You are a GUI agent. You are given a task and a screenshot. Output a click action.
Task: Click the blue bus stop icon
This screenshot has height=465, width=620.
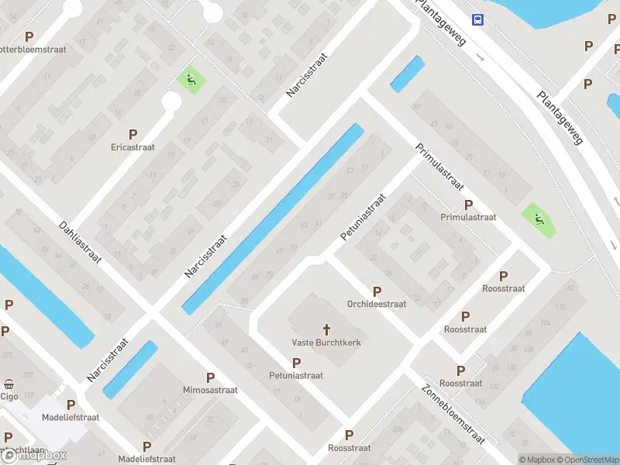click(477, 20)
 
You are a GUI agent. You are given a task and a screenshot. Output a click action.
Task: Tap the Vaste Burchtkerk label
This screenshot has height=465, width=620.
click(326, 343)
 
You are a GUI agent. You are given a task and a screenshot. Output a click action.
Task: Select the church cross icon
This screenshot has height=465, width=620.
click(326, 329)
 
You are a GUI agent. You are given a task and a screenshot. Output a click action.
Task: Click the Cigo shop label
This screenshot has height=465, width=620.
click(9, 396)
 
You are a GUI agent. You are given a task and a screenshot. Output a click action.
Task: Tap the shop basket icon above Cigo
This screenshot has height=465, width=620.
click(9, 384)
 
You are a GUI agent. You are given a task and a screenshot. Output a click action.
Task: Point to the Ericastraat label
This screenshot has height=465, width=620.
click(133, 146)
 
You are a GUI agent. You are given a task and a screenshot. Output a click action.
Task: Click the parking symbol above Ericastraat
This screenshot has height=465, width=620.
click(133, 134)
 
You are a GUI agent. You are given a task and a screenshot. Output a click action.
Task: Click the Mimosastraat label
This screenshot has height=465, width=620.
click(210, 390)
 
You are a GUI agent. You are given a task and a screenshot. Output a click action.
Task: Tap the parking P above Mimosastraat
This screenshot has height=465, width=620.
click(210, 377)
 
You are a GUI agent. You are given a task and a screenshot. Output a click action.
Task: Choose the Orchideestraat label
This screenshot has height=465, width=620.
click(377, 305)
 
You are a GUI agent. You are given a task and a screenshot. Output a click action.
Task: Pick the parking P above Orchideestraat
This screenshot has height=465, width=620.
click(377, 292)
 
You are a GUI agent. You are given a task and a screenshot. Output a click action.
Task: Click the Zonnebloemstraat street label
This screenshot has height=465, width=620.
click(453, 415)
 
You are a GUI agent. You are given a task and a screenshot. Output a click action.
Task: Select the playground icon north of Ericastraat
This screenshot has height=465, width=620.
click(190, 79)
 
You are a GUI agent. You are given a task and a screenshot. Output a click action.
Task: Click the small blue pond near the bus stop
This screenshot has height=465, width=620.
click(408, 74)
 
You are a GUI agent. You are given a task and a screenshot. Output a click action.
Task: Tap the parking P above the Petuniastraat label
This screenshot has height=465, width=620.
click(296, 363)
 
